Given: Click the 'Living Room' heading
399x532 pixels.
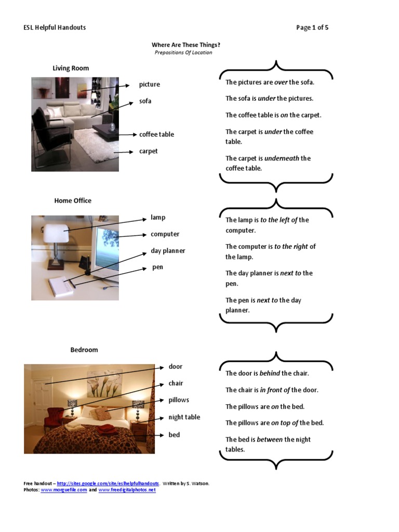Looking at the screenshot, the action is pos(71,68).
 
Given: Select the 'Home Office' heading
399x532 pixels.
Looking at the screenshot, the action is pos(73,201).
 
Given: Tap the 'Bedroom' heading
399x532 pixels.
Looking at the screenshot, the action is pos(84,350).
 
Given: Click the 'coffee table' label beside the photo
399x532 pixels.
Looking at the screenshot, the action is pos(156,135).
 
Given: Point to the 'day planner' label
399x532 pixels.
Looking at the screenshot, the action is pos(168,251).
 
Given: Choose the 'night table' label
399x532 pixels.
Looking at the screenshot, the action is pos(184,417).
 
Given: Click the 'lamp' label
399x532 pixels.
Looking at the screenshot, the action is pos(158,218).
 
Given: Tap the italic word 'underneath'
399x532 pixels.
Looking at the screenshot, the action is pos(282,158).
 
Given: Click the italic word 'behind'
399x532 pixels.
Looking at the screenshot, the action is pos(269,373).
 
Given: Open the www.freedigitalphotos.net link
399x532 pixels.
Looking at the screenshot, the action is pos(127,490).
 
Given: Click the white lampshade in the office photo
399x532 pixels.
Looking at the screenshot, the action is pos(57,233).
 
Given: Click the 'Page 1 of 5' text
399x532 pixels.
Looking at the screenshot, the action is pos(312,28).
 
